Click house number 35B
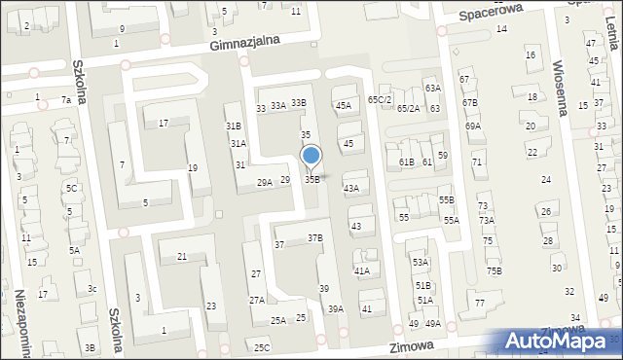(312, 179)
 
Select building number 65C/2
(380, 100)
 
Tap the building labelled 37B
(314, 237)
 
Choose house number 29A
(264, 182)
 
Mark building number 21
(182, 256)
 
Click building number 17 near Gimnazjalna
(164, 123)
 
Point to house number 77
(480, 304)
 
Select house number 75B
(495, 270)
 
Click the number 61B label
(406, 162)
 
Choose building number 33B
(298, 103)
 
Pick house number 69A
(473, 126)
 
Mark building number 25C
(261, 347)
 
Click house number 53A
(420, 262)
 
